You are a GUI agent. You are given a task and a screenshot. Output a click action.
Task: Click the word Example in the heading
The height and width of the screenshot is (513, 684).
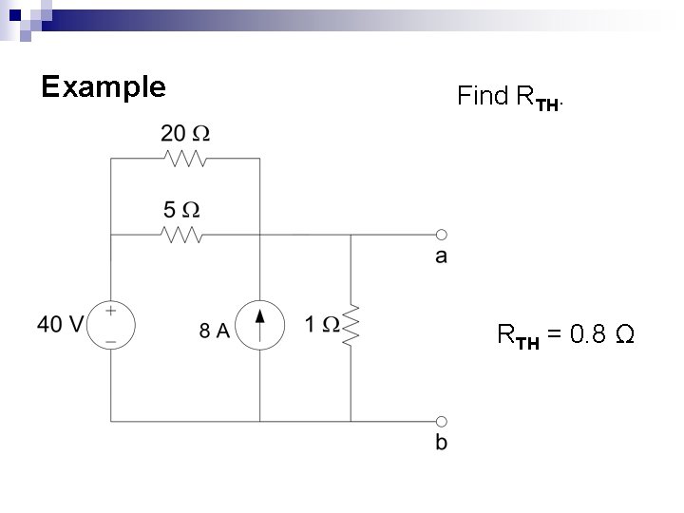coord(104,87)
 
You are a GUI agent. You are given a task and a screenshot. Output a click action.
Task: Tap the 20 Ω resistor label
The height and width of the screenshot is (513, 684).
coord(185,132)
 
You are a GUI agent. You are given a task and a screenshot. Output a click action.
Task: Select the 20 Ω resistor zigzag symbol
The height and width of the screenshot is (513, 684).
coord(185,158)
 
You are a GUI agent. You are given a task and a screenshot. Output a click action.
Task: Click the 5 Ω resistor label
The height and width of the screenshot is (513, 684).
coord(185,208)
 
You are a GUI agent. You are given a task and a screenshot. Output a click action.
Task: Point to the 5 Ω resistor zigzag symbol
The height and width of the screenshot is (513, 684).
coord(185,234)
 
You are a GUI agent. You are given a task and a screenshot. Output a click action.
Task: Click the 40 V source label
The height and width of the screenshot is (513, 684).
coord(60,325)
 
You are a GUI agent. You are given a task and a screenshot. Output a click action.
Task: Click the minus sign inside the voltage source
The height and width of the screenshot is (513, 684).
coord(112,338)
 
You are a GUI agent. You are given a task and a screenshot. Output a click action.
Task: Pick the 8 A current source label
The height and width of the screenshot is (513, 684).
coord(215,331)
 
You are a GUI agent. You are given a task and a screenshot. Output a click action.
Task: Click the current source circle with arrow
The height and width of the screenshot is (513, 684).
coord(259,325)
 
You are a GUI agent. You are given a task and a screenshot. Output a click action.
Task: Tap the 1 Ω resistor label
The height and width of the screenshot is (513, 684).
coord(322,325)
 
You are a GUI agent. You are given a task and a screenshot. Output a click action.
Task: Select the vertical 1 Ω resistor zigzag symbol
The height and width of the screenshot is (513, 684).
coord(352,325)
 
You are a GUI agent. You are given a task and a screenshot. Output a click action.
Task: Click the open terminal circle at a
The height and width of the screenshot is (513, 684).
coord(442,234)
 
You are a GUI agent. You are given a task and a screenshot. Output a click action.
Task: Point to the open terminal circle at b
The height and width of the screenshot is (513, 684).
coord(442,420)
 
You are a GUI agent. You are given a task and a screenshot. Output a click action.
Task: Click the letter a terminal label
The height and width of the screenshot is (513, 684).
coord(442,256)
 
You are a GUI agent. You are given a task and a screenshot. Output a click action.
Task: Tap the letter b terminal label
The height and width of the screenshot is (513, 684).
coord(442,443)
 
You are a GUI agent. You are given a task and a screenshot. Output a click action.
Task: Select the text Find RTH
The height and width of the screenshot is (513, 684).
coord(511,96)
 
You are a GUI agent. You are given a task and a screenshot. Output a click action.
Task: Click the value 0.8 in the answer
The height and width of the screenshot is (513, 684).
coord(588,335)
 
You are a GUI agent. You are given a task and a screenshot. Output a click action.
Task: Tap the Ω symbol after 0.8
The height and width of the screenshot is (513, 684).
coord(625,335)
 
